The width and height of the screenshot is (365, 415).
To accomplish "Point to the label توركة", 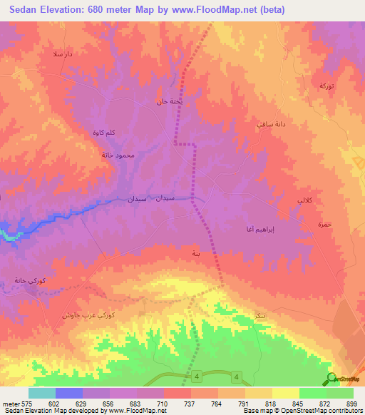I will click(326, 86).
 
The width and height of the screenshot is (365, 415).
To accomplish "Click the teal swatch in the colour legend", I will click(42, 393).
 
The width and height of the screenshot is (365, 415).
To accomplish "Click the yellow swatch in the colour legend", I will click(285, 393).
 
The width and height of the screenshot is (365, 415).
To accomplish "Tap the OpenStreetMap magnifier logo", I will click(331, 379).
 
